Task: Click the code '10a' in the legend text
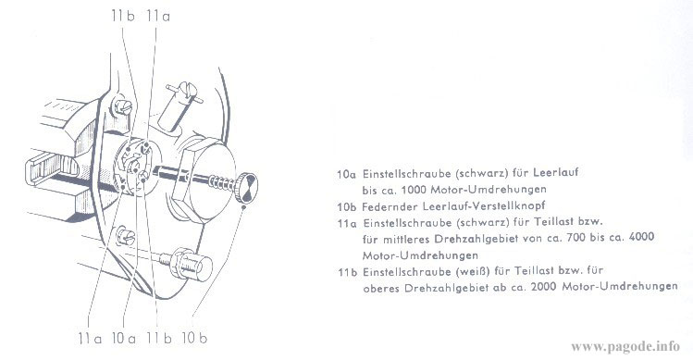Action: (x=348, y=172)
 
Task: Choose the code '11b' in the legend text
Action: (x=348, y=270)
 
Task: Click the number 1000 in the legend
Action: (x=419, y=189)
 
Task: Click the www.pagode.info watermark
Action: (x=627, y=346)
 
